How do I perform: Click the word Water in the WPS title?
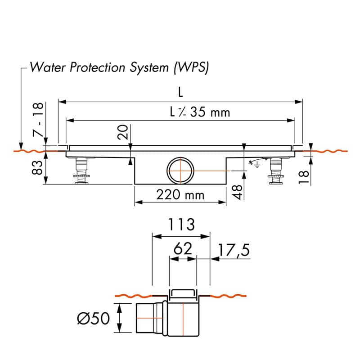[x=48, y=67]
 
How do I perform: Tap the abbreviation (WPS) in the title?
[x=191, y=68]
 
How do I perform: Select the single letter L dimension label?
[x=181, y=93]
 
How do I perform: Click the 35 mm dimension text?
[x=210, y=112]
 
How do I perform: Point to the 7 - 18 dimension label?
[x=38, y=120]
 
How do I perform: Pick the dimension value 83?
[x=37, y=167]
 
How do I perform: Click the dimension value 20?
[x=122, y=132]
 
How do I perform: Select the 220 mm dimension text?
[x=180, y=195]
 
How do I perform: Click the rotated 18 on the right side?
[x=303, y=177]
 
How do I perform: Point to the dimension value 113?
[x=181, y=224]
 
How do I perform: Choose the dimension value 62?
[x=183, y=248]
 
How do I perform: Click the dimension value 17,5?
[x=234, y=250]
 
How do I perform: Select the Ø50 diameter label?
[x=94, y=319]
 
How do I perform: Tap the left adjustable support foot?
[x=81, y=171]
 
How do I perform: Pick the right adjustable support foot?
[x=276, y=171]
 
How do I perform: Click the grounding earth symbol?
[x=257, y=164]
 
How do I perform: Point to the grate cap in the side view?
[x=183, y=293]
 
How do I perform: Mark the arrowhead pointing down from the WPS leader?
[x=21, y=146]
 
